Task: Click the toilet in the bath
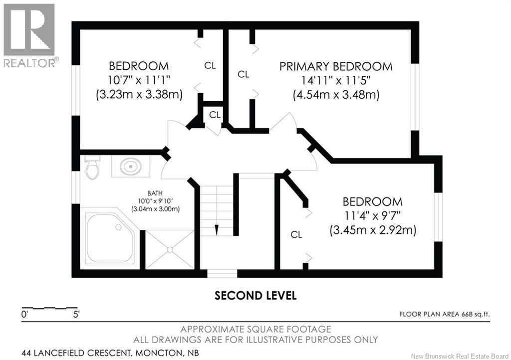92,168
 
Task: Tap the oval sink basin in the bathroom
131,167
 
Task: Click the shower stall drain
170,250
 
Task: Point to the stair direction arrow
217,229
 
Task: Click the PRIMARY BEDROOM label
336,66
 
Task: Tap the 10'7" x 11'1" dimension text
139,80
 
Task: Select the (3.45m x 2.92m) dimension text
373,230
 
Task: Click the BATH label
155,193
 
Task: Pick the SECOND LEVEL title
255,296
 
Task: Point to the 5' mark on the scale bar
76,315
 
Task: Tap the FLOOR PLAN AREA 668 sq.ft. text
445,314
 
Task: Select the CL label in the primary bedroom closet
244,74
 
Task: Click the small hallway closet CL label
215,115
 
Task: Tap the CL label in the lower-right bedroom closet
296,234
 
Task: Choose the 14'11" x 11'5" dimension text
336,80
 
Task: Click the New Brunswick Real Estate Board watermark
459,356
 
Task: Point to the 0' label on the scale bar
24,315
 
